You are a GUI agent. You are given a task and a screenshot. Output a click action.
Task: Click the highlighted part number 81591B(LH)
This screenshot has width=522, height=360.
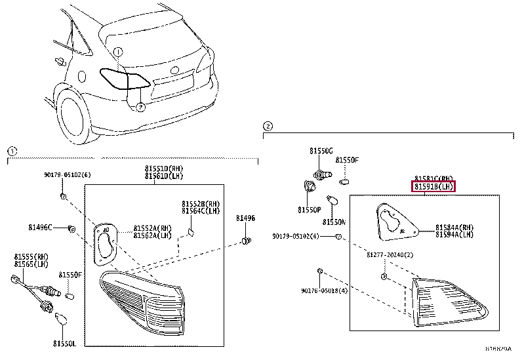pos(433,187)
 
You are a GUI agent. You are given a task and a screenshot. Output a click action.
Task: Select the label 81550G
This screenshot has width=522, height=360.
pos(321,151)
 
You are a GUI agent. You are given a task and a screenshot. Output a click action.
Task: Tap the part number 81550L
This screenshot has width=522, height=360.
pos(65,343)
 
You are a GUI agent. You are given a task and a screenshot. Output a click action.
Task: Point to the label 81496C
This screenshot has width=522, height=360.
pos(40,228)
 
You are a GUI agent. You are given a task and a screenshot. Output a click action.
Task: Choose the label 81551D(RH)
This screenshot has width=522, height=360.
pos(165,169)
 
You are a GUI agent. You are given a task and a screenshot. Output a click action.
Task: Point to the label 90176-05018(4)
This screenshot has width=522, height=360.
pos(324,290)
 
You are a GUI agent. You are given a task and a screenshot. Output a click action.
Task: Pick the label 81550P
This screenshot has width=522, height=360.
pos(309,210)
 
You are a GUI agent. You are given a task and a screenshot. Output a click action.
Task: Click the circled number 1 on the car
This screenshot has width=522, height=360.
pos(117,51)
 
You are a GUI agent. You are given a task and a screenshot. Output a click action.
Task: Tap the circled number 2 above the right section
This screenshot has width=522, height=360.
pos(267,125)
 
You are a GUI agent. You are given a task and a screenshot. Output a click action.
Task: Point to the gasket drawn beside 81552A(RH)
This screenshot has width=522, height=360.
pos(104,243)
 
